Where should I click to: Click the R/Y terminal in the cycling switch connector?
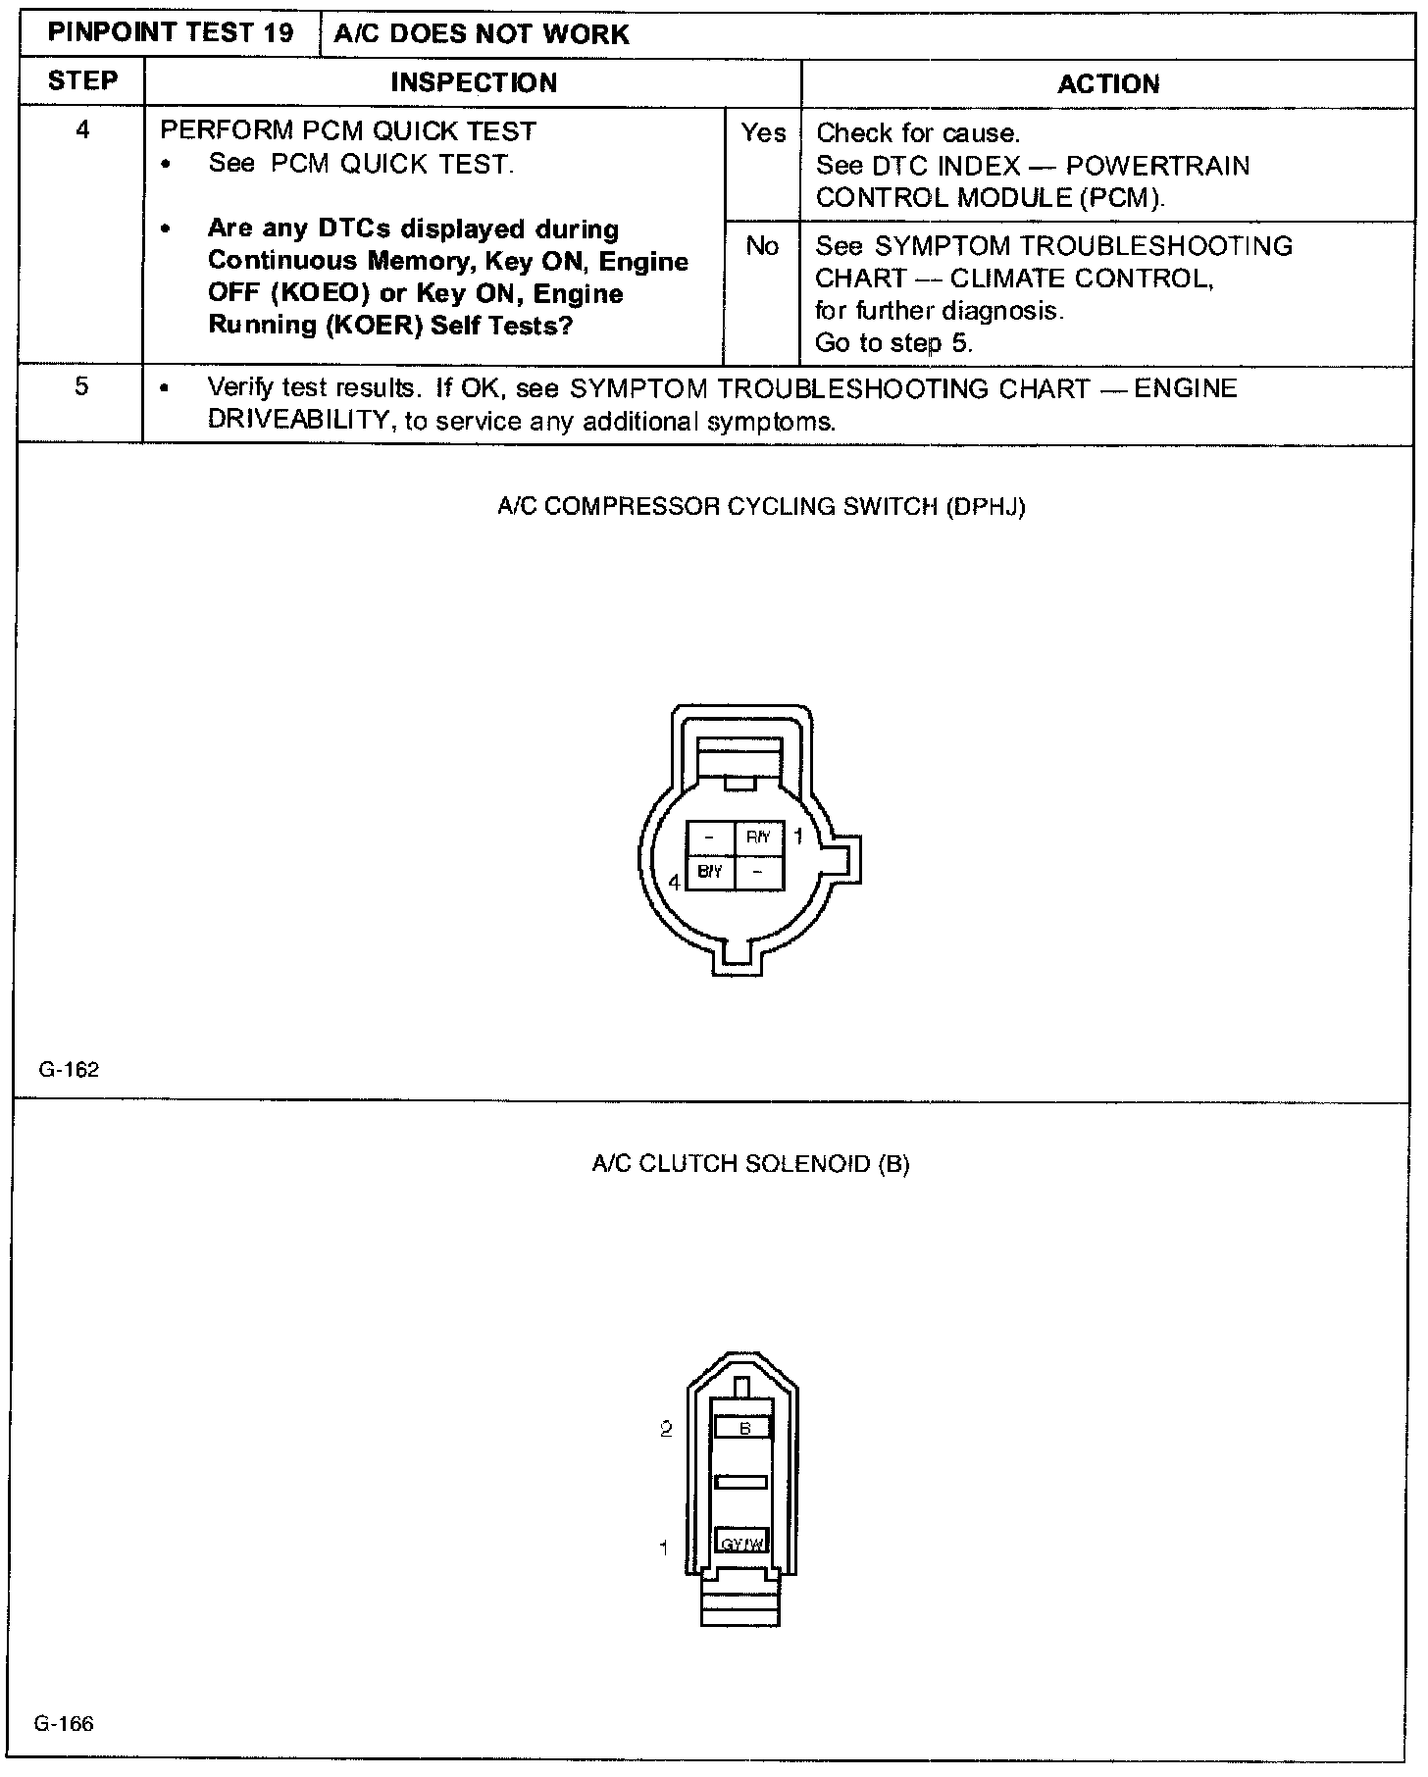[x=759, y=838]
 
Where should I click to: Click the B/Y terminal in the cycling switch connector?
[x=709, y=872]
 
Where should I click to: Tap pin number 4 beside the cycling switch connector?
[x=674, y=883]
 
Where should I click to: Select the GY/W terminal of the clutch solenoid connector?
[x=741, y=1545]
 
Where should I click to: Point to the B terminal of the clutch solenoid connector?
[x=743, y=1428]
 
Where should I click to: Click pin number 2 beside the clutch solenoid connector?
[x=666, y=1429]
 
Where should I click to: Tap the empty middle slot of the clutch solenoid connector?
[x=741, y=1482]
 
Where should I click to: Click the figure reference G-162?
[x=69, y=1070]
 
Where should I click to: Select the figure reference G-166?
[x=64, y=1723]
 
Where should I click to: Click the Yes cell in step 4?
[x=763, y=133]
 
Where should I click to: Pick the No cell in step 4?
[x=762, y=246]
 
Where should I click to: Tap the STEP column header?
[x=82, y=81]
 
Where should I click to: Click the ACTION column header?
[x=1107, y=84]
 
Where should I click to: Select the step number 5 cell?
[x=81, y=387]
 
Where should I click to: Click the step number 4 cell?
[x=82, y=130]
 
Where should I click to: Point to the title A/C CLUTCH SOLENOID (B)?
[x=750, y=1164]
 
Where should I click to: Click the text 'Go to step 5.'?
[x=893, y=343]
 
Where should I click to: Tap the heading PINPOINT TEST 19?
[x=171, y=33]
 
